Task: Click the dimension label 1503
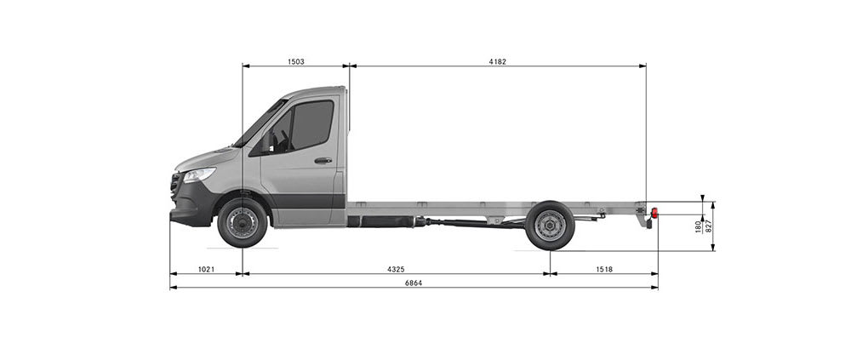[296, 61]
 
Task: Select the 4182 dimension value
[497, 61]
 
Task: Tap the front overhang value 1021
[206, 270]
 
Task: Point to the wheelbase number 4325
[396, 270]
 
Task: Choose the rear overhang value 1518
[603, 270]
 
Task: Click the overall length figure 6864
[413, 283]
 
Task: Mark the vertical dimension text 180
[699, 226]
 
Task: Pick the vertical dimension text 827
[709, 226]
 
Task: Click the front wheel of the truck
[243, 223]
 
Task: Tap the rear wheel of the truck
[550, 226]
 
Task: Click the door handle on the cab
[323, 160]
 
